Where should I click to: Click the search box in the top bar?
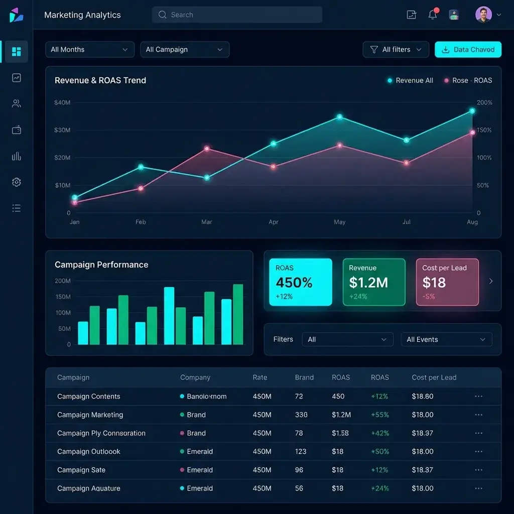236,15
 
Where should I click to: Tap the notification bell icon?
433,15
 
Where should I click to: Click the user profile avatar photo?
483,15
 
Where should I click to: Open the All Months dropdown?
89,50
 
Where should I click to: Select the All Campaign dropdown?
184,50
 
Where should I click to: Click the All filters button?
396,50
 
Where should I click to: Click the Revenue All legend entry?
410,80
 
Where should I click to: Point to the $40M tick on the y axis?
62,102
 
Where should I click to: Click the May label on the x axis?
339,222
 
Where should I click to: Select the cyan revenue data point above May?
340,117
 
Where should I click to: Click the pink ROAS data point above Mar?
207,149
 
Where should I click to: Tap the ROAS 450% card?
300,282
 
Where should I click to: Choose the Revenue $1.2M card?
373,282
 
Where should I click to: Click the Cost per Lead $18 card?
447,282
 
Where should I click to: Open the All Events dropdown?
446,339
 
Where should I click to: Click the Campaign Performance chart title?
101,265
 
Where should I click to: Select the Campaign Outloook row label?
89,451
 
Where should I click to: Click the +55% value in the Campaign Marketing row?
379,415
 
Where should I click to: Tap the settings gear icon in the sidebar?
17,182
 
